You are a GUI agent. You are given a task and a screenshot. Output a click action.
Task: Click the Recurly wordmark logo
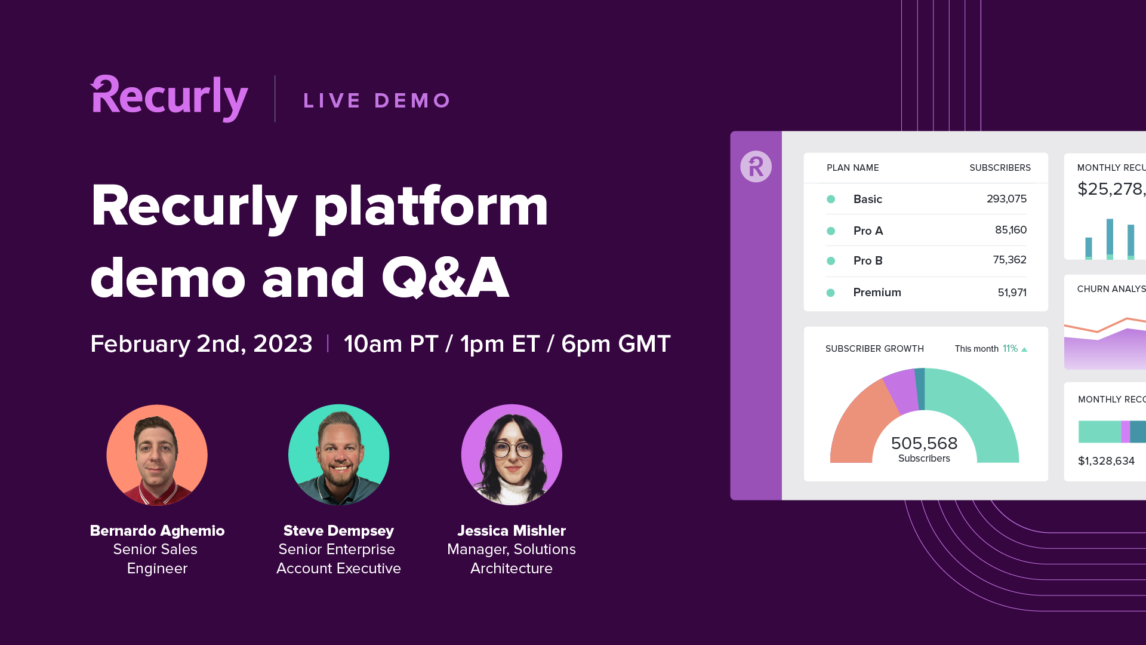click(169, 99)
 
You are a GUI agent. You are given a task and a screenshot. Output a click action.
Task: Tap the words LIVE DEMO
click(377, 100)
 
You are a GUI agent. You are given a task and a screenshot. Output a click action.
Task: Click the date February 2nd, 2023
click(201, 344)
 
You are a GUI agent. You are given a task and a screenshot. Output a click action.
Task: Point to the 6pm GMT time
click(616, 344)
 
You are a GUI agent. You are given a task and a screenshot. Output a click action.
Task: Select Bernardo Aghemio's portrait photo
click(157, 455)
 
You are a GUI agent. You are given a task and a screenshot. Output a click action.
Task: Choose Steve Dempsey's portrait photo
click(338, 455)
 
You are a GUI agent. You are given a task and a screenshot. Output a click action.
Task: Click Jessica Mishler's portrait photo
click(512, 455)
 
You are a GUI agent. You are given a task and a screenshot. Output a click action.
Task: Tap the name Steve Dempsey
click(338, 530)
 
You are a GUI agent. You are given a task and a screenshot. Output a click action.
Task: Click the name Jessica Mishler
click(512, 530)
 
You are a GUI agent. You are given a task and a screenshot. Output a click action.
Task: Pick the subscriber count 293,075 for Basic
click(1006, 199)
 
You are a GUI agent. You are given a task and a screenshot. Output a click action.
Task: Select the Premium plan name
click(877, 293)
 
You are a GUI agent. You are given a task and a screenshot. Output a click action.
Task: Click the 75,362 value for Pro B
click(1009, 260)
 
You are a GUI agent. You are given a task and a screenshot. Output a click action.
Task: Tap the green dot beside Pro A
click(831, 231)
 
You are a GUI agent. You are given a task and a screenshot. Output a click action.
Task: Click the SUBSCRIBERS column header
click(1000, 168)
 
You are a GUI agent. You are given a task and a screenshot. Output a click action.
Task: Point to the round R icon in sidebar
click(756, 166)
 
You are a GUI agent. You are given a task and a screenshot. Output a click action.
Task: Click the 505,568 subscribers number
click(924, 443)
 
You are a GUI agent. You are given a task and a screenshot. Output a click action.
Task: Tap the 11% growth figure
click(1010, 349)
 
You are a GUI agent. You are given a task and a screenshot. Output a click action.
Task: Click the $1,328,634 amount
click(1106, 461)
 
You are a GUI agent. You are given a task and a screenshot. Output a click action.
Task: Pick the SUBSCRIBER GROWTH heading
click(874, 349)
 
